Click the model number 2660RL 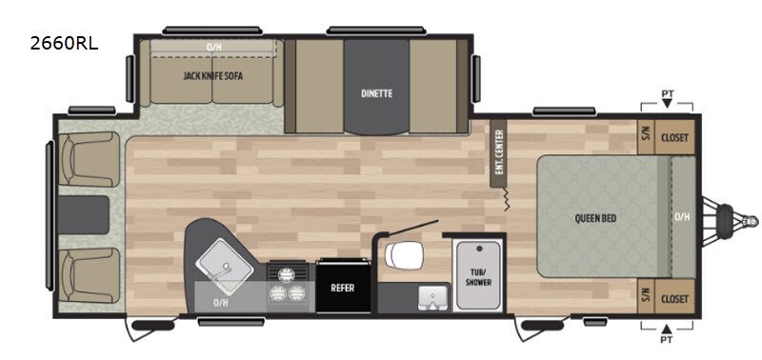click(64, 44)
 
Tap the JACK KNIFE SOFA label click(212, 76)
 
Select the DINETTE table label click(376, 93)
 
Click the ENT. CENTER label click(498, 153)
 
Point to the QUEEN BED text click(595, 219)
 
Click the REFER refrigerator click(343, 288)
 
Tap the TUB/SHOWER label click(478, 277)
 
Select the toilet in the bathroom click(404, 255)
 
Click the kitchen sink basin click(225, 266)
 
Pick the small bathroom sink click(431, 297)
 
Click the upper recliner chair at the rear click(89, 159)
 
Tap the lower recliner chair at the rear click(89, 275)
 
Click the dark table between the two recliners click(83, 215)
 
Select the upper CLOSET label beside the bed click(674, 137)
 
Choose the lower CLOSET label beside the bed click(674, 298)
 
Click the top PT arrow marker click(667, 103)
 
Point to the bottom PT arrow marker click(667, 328)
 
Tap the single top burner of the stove click(287, 274)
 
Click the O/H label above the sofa click(212, 47)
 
